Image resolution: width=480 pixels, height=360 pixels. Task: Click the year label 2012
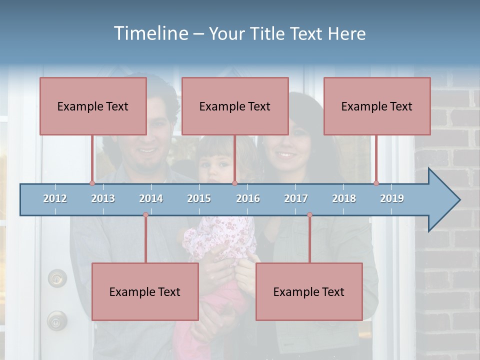pyautogui.click(x=55, y=198)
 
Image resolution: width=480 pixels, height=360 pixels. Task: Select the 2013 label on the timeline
pyautogui.click(x=103, y=198)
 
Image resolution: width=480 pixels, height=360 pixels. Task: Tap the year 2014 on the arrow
pyautogui.click(x=151, y=198)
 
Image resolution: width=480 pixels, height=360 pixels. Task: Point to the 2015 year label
pyautogui.click(x=199, y=198)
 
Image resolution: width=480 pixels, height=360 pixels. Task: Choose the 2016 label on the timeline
pyautogui.click(x=248, y=198)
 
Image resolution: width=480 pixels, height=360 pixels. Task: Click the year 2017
pyautogui.click(x=296, y=198)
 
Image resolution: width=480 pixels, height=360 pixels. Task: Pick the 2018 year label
pyautogui.click(x=344, y=198)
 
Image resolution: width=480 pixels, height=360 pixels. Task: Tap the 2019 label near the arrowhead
pyautogui.click(x=392, y=198)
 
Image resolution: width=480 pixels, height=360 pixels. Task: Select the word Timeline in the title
pyautogui.click(x=150, y=33)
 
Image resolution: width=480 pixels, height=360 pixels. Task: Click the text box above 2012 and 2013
pyautogui.click(x=93, y=106)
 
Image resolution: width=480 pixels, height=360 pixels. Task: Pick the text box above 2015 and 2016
pyautogui.click(x=235, y=106)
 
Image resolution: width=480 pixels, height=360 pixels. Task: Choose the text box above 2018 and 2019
pyautogui.click(x=377, y=106)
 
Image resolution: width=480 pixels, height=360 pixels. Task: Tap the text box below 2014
pyautogui.click(x=145, y=291)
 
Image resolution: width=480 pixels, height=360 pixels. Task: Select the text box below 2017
pyautogui.click(x=309, y=291)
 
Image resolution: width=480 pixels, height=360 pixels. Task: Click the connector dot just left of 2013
pyautogui.click(x=92, y=183)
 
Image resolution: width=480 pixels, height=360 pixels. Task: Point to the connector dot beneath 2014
pyautogui.click(x=145, y=215)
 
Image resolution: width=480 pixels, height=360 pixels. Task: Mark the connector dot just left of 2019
pyautogui.click(x=376, y=183)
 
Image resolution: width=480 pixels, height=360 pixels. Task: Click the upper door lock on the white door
pyautogui.click(x=57, y=277)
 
